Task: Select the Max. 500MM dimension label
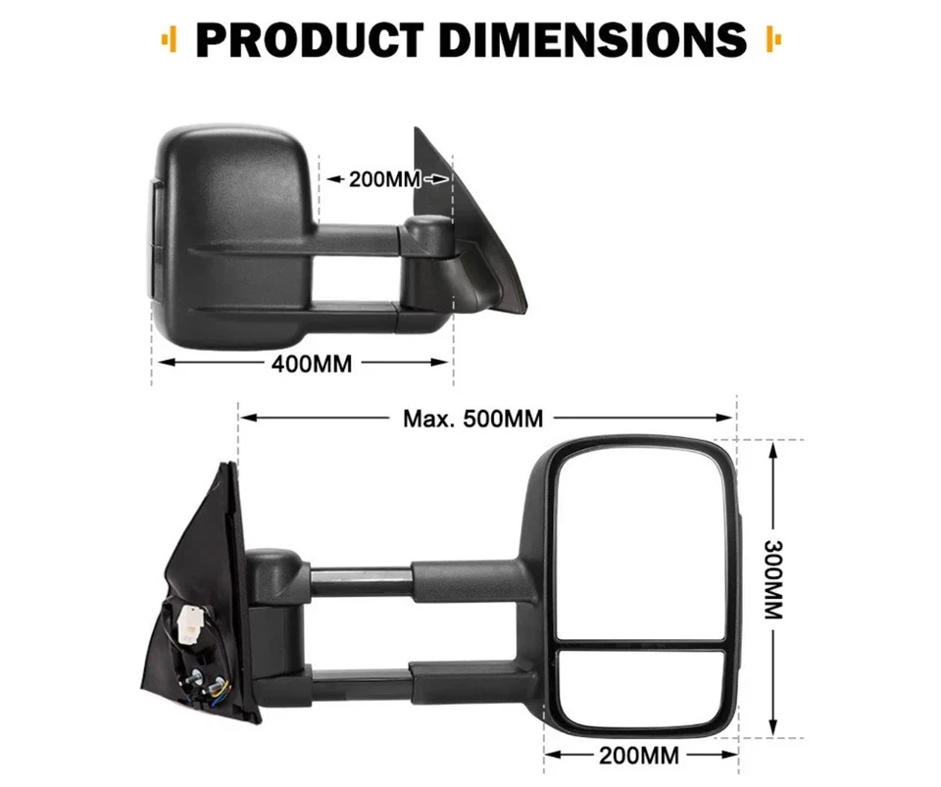pos(472,418)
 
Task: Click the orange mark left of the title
pos(171,41)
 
